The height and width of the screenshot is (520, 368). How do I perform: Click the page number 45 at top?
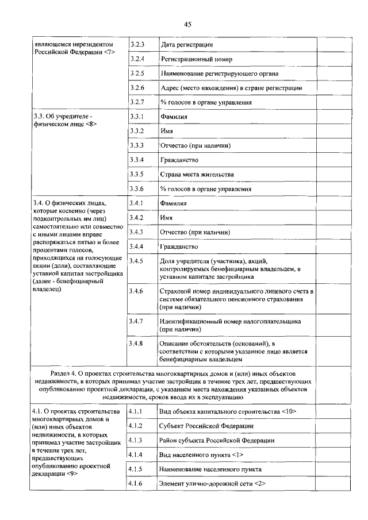[x=187, y=24]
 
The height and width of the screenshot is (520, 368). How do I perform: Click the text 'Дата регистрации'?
[x=187, y=45]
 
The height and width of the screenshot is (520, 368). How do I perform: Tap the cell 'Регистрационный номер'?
[x=196, y=59]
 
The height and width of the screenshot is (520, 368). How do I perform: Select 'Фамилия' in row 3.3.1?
[x=174, y=117]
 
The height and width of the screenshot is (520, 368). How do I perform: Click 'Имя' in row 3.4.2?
[x=167, y=218]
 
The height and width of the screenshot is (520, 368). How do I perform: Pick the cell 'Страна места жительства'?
[x=197, y=174]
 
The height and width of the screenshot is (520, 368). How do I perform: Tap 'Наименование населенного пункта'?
[x=210, y=469]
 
